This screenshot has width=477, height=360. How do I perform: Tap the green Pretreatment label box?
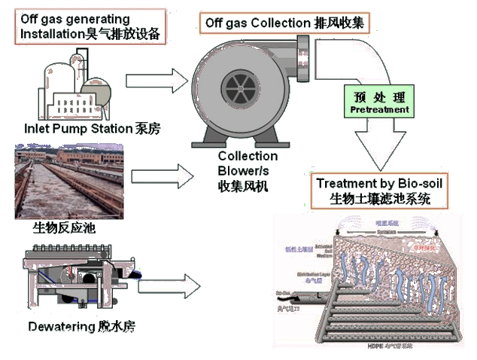tap(380, 103)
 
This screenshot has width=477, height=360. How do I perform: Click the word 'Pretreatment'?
tap(380, 110)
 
